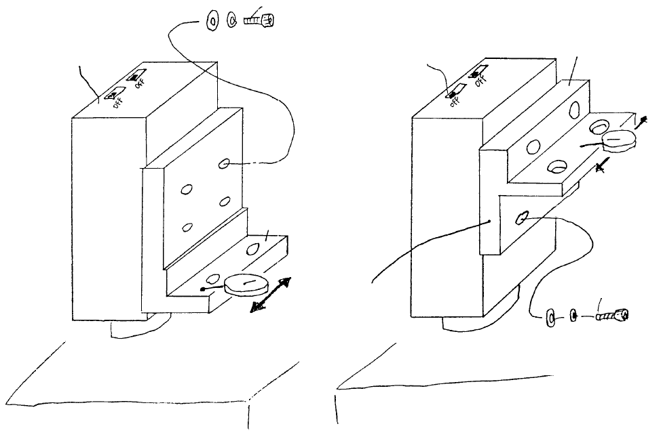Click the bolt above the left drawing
click(x=260, y=20)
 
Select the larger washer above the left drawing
click(x=211, y=22)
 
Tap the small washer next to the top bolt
click(x=231, y=21)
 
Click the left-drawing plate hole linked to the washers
click(x=225, y=165)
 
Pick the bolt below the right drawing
click(x=613, y=315)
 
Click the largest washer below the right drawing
click(x=550, y=316)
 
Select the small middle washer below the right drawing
click(x=573, y=316)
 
